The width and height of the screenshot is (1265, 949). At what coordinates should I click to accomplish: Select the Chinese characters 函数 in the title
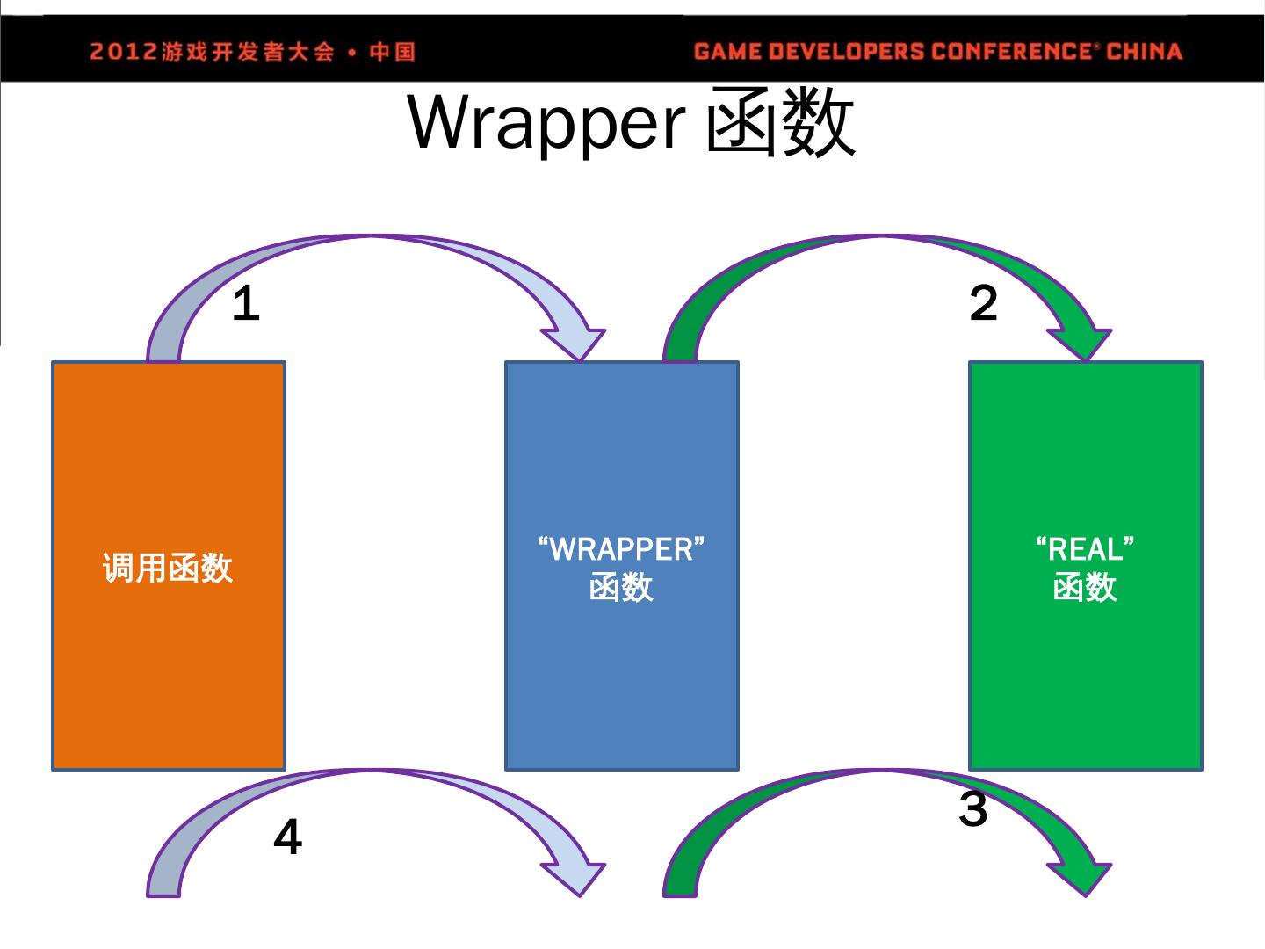[x=780, y=124]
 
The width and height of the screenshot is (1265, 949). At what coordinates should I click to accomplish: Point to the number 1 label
[x=246, y=304]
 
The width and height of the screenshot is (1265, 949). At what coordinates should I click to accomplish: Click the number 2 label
[x=984, y=303]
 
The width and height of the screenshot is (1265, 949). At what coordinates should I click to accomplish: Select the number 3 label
[x=973, y=808]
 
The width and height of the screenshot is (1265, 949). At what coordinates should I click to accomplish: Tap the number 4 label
[x=287, y=837]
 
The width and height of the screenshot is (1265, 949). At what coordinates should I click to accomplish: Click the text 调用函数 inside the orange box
[x=168, y=568]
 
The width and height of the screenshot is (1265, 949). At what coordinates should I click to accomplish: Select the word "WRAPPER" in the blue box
[x=621, y=549]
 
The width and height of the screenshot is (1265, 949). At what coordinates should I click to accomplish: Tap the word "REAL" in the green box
[x=1085, y=549]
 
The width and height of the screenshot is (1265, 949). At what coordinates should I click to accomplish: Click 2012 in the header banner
[x=122, y=52]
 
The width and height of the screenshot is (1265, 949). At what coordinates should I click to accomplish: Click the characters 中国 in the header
[x=392, y=52]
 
